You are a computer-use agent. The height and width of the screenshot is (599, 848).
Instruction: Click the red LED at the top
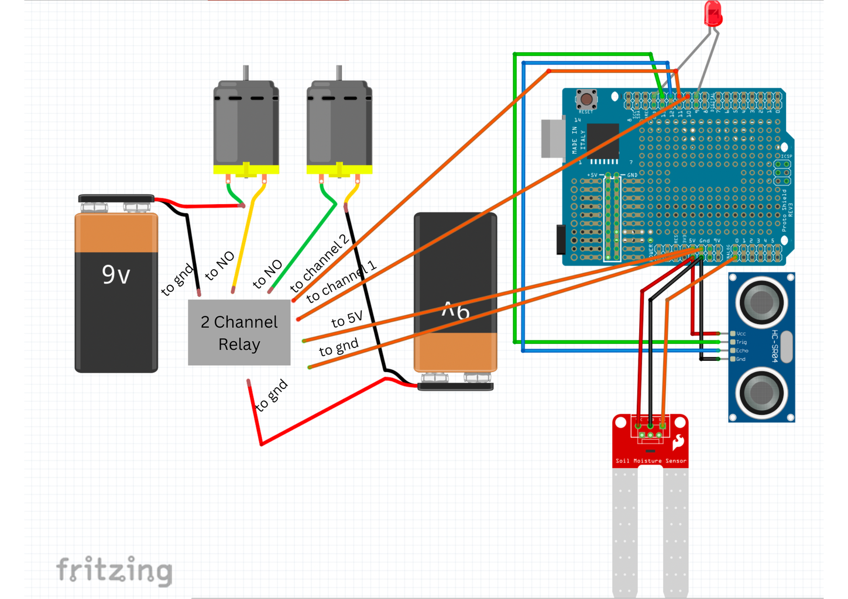(x=713, y=13)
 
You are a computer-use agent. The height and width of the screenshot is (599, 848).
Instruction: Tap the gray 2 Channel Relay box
(x=239, y=332)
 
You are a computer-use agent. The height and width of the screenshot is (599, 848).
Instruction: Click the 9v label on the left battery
(x=116, y=274)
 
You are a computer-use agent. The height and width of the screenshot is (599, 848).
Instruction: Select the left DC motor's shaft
(x=246, y=73)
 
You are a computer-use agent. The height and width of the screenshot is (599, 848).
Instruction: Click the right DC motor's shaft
(x=339, y=73)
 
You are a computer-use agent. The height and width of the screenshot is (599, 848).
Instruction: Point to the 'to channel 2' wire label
(x=320, y=263)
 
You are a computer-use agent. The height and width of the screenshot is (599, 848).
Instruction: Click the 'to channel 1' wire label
(x=341, y=282)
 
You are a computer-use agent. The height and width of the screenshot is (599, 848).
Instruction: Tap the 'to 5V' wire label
(x=346, y=319)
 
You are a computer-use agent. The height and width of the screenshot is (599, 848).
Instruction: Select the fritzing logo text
(x=114, y=570)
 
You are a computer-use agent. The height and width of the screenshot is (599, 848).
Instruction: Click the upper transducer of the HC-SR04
(x=761, y=302)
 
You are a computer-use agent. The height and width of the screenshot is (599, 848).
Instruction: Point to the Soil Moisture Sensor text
(x=651, y=461)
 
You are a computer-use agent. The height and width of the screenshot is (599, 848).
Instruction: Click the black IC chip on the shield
(x=603, y=140)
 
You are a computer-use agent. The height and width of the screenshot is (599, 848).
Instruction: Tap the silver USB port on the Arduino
(x=552, y=138)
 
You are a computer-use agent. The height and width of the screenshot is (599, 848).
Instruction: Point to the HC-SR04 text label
(x=774, y=346)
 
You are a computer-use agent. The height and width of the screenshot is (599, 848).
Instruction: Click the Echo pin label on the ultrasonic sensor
(x=742, y=350)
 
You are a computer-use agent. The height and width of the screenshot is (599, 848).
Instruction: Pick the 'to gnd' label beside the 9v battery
(x=177, y=280)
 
